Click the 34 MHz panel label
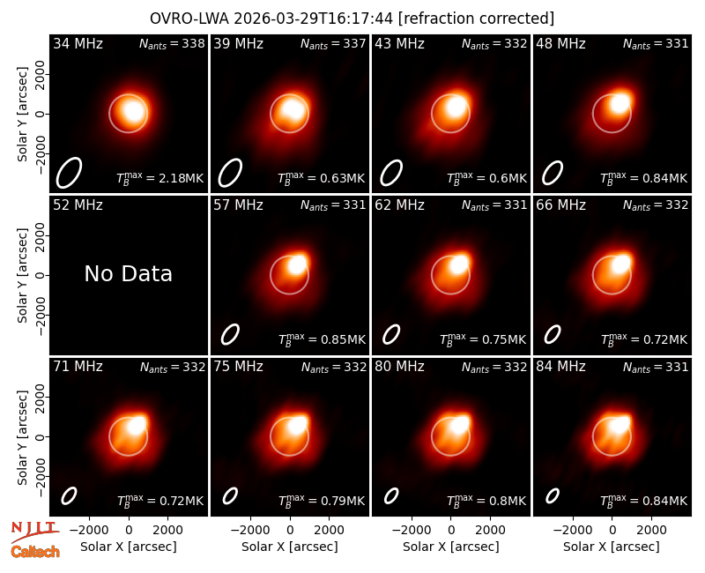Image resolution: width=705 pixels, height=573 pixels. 78,43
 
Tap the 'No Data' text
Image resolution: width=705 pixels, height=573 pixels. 128,273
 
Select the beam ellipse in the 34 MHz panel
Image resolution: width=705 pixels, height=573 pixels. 69,173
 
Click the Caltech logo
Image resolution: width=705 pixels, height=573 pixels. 35,552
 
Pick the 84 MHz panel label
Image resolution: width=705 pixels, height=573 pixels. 560,367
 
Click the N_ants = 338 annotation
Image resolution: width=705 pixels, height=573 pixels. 172,43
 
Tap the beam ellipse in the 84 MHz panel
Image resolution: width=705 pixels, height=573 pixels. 553,495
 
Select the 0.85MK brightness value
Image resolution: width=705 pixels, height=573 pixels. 343,339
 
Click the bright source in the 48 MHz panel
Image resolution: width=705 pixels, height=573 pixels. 620,103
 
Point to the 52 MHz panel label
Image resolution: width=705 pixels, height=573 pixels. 78,205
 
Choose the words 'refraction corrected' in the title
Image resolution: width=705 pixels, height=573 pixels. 476,19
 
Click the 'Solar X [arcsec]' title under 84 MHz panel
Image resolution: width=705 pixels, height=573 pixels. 612,547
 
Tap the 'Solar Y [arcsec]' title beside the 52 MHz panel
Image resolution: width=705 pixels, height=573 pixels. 23,275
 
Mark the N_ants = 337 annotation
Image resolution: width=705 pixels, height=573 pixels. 333,43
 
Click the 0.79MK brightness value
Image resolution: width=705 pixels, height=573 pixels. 343,501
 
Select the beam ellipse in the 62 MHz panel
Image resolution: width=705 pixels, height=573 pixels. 391,335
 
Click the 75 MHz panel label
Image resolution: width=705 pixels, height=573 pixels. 238,367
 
